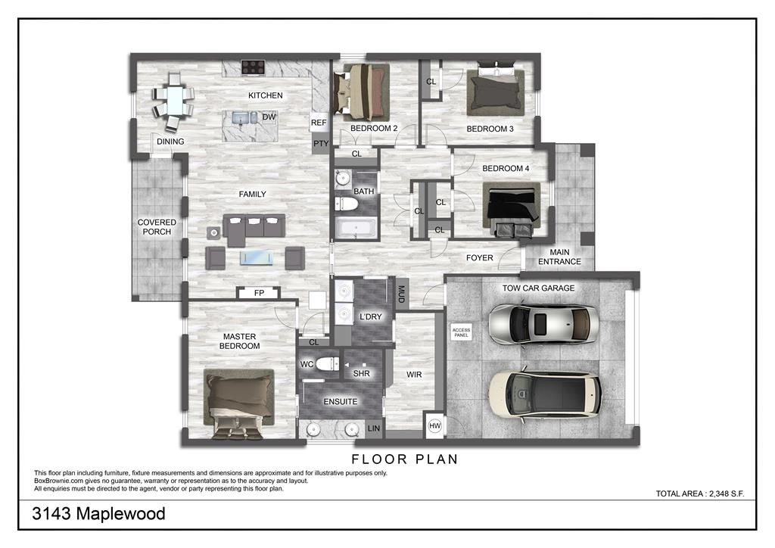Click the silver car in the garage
point(543,324)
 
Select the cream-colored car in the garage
point(544,394)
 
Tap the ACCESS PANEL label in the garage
point(461,332)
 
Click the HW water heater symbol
point(434,426)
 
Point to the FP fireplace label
point(259,293)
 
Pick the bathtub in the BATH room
point(354,227)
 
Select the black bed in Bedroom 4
point(512,207)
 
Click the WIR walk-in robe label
point(414,375)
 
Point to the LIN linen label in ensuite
point(374,428)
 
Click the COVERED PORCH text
point(157,227)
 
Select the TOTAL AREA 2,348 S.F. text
point(700,494)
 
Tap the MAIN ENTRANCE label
point(559,257)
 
